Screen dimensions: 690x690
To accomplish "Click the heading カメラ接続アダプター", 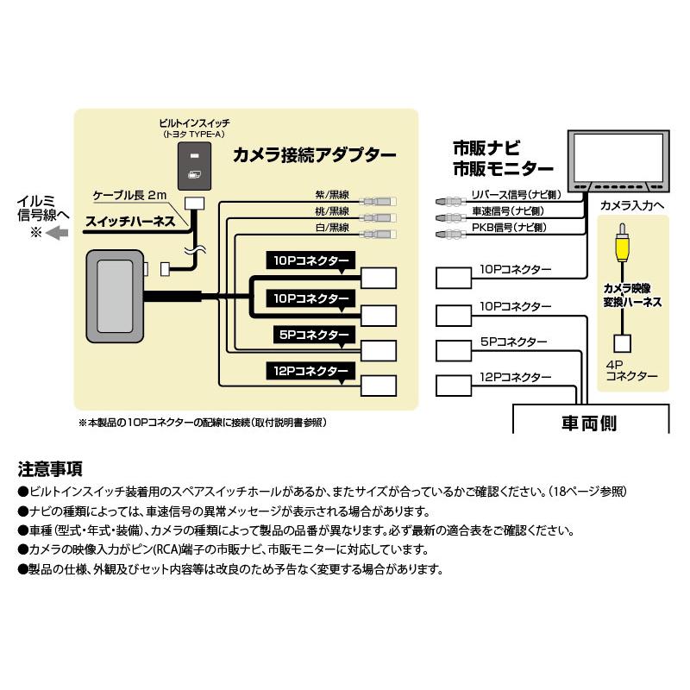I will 315,156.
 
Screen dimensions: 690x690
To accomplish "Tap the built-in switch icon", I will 195,166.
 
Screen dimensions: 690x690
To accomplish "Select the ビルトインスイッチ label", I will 195,123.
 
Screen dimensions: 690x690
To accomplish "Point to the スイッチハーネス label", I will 129,222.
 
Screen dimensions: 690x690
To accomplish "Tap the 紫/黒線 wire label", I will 332,195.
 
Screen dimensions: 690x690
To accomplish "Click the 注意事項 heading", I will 50,470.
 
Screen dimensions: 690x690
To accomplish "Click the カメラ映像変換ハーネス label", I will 633,295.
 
